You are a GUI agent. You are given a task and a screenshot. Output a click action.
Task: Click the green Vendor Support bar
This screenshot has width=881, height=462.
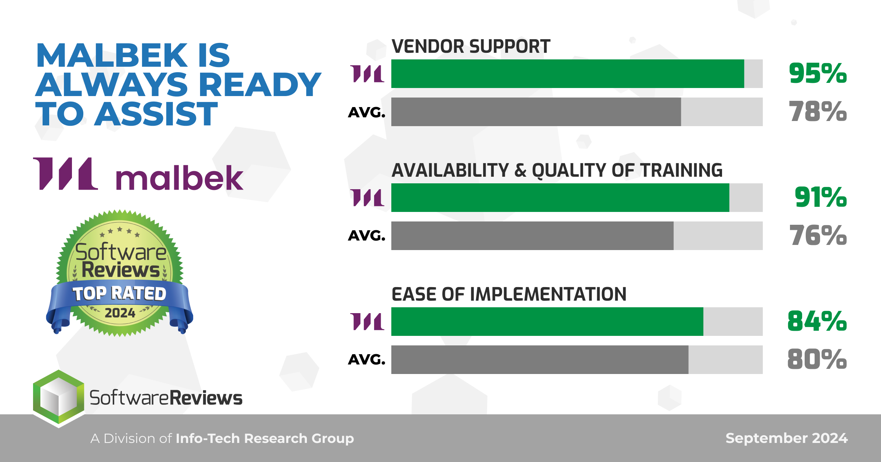pos(568,74)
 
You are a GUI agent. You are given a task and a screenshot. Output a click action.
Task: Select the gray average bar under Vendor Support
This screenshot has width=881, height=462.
pos(536,112)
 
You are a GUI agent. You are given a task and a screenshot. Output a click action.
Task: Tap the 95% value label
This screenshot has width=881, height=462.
pos(818,73)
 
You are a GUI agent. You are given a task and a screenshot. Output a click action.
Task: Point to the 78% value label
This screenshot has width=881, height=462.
pos(818,111)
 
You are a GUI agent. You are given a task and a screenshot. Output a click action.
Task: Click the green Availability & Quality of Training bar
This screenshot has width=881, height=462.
pos(560,198)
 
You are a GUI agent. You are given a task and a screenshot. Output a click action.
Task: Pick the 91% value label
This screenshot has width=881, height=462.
pos(821,197)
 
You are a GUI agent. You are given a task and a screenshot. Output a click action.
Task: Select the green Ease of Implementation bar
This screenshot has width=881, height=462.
pos(547,322)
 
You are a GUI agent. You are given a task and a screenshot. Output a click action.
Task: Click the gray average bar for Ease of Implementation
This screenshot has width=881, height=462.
pos(540,360)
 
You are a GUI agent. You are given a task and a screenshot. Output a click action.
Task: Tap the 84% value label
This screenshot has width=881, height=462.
pos(817,321)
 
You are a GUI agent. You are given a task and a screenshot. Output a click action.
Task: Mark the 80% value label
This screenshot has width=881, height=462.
pos(817,359)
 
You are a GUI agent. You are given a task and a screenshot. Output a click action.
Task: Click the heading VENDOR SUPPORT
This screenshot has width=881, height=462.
pos(471,47)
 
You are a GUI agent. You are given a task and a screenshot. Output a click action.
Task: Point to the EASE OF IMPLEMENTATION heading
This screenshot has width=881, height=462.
pos(509,294)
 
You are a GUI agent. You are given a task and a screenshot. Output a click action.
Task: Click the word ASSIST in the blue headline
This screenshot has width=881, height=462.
pos(156,114)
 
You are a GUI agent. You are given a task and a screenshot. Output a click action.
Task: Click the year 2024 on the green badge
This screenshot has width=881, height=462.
pos(120,313)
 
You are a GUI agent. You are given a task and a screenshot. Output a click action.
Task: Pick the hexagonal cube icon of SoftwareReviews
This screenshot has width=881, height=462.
pos(59,399)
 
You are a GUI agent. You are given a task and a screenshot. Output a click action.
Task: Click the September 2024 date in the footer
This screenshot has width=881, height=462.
pos(787,438)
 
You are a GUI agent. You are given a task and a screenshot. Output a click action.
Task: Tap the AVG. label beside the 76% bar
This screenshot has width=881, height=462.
pos(367,236)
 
